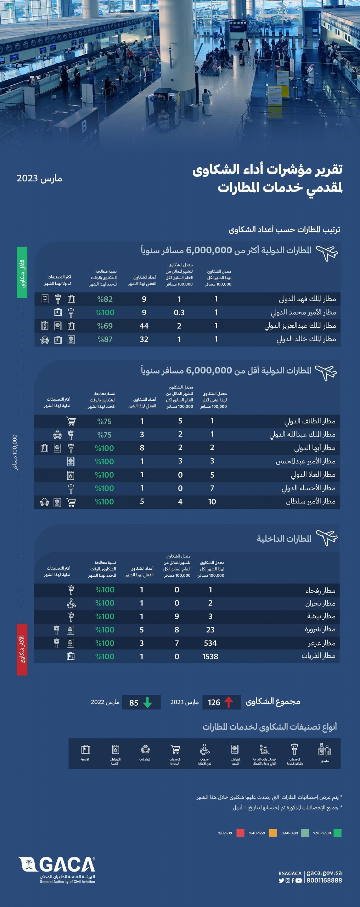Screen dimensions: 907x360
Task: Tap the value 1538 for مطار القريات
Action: tap(210, 657)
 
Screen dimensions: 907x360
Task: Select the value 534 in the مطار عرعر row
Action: tap(210, 643)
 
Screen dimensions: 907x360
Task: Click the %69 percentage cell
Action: tap(105, 326)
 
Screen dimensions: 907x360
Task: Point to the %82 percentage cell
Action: tap(105, 299)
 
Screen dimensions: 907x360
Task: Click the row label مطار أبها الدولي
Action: tap(314, 448)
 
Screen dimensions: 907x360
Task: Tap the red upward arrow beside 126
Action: tap(229, 702)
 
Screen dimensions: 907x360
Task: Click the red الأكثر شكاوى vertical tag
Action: tap(22, 649)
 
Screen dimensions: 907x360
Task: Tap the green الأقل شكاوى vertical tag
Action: tap(22, 272)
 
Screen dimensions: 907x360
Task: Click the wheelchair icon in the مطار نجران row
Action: tap(72, 603)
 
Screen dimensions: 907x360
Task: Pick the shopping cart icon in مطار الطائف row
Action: tap(71, 421)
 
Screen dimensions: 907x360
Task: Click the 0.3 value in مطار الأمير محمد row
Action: tap(179, 312)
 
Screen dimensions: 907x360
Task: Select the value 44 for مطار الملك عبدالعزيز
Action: tap(144, 326)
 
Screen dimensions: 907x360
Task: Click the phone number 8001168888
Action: tap(324, 880)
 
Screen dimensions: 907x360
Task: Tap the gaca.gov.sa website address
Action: tap(324, 873)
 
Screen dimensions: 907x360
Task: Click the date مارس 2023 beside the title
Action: tap(39, 178)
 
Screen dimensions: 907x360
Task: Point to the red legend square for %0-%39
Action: tap(241, 833)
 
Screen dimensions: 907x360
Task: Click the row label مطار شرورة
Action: tap(320, 630)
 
